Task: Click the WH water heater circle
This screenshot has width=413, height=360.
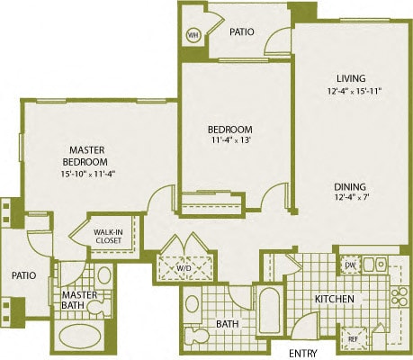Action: point(193,36)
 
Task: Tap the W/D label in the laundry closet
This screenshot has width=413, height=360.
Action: point(186,267)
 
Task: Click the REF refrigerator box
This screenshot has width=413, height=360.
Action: point(354,338)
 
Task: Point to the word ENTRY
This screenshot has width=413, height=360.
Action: point(303,353)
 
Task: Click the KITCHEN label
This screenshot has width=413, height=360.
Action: point(335,299)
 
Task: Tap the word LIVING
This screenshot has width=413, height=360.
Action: point(351,78)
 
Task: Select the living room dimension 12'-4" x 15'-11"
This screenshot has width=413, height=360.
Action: point(355,91)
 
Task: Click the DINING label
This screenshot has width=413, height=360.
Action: point(350,187)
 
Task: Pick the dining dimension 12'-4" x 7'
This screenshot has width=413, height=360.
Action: point(351,198)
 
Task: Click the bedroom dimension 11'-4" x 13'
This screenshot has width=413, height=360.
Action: point(230,140)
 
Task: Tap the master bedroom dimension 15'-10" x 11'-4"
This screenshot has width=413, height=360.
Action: point(88,174)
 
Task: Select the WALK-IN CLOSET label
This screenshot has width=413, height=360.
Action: point(108,236)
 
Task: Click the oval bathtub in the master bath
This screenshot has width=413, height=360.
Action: point(79,336)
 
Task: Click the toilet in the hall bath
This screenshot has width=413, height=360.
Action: point(197,336)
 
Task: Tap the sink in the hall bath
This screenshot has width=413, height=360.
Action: point(192,304)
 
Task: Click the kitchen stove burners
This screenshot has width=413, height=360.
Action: point(400,296)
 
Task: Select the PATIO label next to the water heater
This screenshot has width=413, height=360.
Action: point(242,31)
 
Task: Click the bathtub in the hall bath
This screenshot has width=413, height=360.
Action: point(270,310)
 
